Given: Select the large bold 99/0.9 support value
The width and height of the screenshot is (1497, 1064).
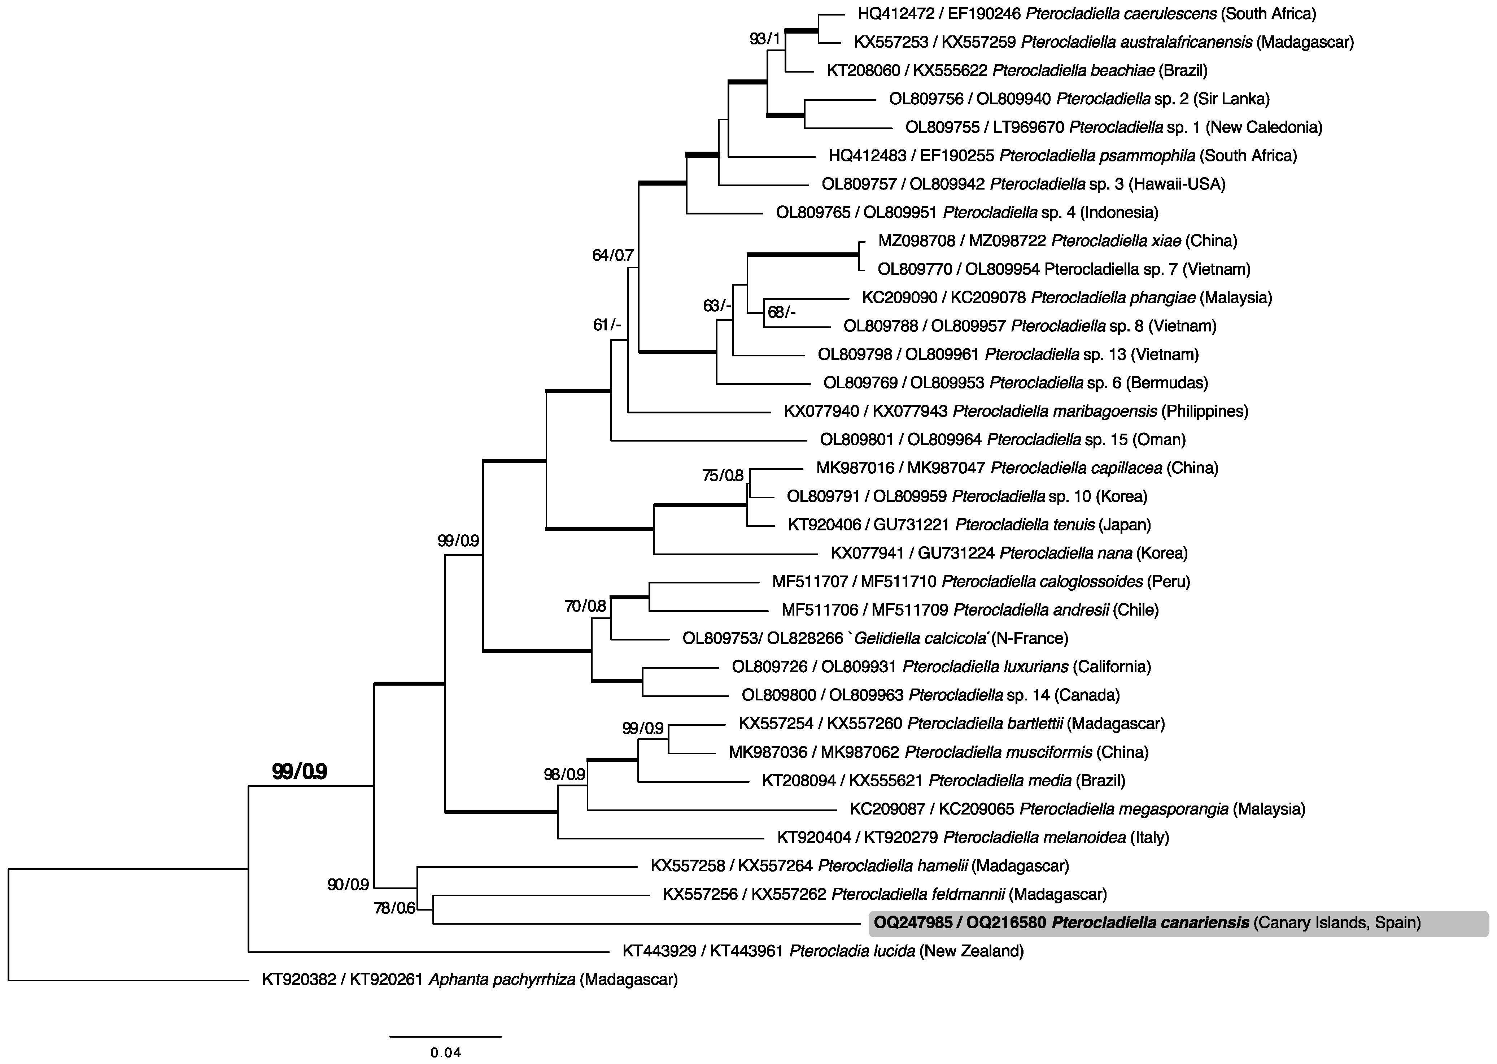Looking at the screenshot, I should coord(299,772).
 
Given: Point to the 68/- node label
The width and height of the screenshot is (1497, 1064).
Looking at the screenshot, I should coord(781,313).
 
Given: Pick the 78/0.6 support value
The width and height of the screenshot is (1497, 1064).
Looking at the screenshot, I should coord(395,908).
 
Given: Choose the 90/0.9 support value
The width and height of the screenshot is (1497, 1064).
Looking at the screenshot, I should coord(348,885).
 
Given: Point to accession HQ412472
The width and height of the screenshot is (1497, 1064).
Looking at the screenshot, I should coord(895,13).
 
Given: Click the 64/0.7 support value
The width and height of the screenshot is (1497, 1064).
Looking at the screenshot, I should coord(612,256).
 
